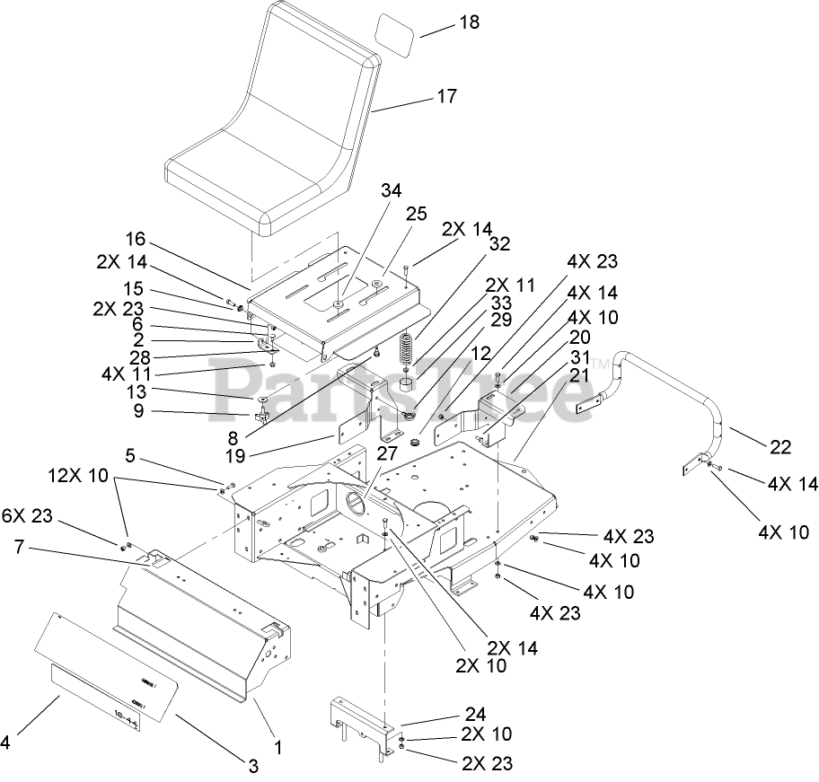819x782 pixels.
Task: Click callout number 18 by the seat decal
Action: [469, 22]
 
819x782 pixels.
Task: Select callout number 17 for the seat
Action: [445, 96]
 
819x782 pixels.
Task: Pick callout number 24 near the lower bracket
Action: [475, 715]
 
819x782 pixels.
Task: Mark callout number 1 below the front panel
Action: [277, 747]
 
